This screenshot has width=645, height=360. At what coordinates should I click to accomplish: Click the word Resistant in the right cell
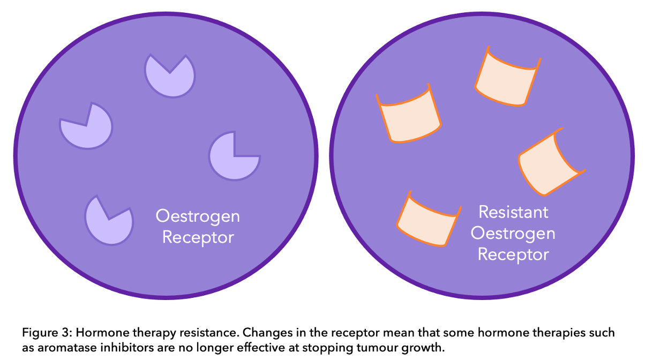tap(513, 213)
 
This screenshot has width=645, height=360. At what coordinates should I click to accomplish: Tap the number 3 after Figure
tap(66, 333)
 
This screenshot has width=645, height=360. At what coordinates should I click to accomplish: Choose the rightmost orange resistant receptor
tap(551, 162)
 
